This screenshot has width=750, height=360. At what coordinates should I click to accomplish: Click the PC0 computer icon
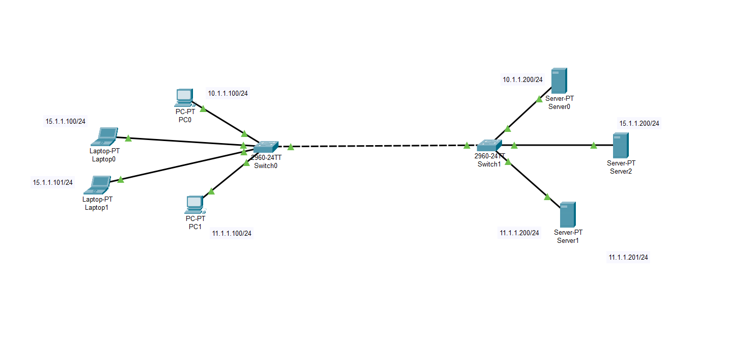184,97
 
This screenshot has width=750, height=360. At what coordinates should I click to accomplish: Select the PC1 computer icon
195,204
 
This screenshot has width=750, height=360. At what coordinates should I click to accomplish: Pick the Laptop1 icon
99,184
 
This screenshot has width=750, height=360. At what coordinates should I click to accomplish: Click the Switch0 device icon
266,146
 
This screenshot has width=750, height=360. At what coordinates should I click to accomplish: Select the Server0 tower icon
559,81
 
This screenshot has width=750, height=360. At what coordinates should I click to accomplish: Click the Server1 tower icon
567,215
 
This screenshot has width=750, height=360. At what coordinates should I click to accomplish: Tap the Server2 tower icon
620,145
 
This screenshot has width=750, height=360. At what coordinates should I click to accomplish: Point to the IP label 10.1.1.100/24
228,93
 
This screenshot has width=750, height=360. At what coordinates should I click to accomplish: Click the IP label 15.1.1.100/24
66,122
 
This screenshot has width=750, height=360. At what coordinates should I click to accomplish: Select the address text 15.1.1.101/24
53,182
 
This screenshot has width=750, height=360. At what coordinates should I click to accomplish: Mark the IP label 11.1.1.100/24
232,233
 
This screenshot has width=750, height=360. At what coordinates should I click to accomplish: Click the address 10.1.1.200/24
523,79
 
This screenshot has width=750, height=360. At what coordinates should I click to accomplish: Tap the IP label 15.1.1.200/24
639,123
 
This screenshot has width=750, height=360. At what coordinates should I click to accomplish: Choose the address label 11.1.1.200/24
519,233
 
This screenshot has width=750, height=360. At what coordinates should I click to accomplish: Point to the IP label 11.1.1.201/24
628,257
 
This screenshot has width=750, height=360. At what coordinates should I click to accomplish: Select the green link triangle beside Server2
594,146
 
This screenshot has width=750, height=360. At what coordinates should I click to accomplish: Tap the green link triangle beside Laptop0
128,138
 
